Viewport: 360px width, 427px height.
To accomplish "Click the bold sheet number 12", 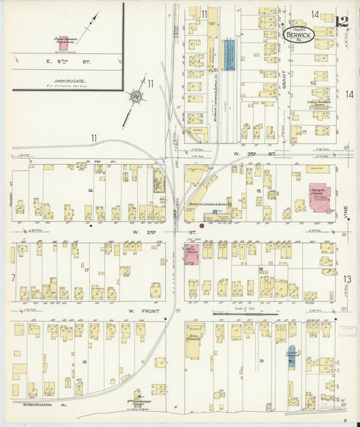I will coord(342,21).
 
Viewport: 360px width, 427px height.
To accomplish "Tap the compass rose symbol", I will coord(136,97).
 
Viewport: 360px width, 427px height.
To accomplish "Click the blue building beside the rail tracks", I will coord(229,52).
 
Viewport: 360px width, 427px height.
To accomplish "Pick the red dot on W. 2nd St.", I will coord(201,226).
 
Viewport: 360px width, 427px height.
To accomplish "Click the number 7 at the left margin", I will coord(12,278).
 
